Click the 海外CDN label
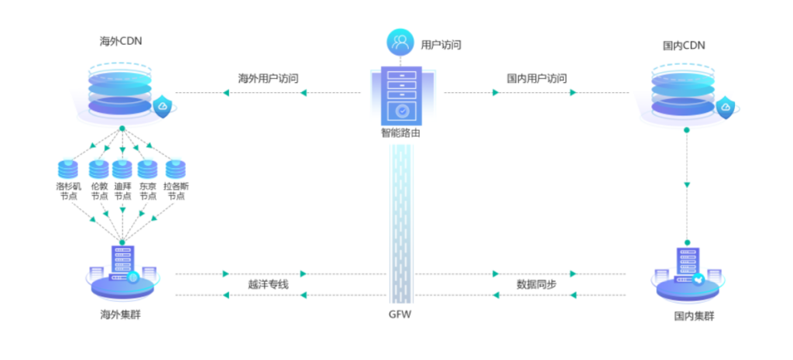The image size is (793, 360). pos(121,41)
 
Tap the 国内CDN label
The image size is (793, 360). pos(684,46)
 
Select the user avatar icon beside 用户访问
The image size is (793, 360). pos(401,42)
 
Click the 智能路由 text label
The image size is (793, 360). pos(400,133)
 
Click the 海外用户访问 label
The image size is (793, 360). pos(268,78)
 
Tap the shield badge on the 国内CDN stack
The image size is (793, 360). pos(726,108)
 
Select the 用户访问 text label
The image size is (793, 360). pos(441,44)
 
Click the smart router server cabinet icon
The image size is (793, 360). pos(401,96)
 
